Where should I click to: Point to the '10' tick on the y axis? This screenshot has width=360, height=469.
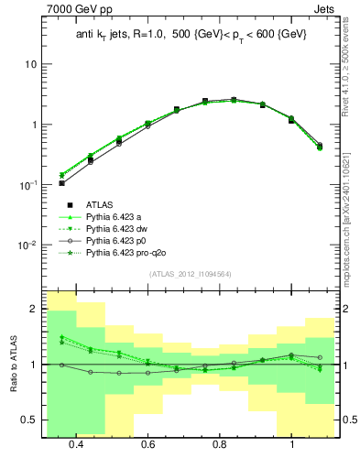click(x=31, y=65)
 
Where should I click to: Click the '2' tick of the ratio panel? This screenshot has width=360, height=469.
click(x=34, y=310)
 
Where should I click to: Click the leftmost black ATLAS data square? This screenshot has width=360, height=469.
click(x=61, y=183)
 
